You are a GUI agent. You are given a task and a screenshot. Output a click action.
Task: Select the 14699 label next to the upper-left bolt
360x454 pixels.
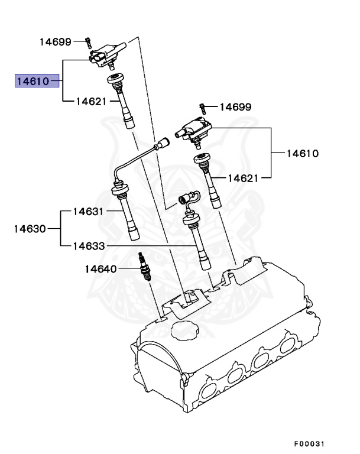(56, 41)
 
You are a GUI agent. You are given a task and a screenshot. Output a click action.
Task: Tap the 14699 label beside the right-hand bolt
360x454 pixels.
(235, 107)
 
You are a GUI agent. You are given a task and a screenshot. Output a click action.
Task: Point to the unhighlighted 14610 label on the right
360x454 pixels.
(303, 154)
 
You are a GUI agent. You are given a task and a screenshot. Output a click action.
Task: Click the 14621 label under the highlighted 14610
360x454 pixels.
(91, 102)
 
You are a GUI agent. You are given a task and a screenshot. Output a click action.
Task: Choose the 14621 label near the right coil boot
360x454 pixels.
(244, 177)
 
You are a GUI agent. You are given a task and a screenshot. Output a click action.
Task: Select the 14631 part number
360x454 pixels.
(88, 211)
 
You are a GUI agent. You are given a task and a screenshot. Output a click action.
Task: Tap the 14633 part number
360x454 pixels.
(88, 245)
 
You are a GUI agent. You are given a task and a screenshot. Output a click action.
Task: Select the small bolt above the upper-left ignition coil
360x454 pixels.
(87, 42)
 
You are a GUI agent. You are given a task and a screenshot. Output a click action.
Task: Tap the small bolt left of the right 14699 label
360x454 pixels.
(202, 107)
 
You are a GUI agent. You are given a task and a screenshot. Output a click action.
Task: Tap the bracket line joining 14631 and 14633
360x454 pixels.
(61, 228)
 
